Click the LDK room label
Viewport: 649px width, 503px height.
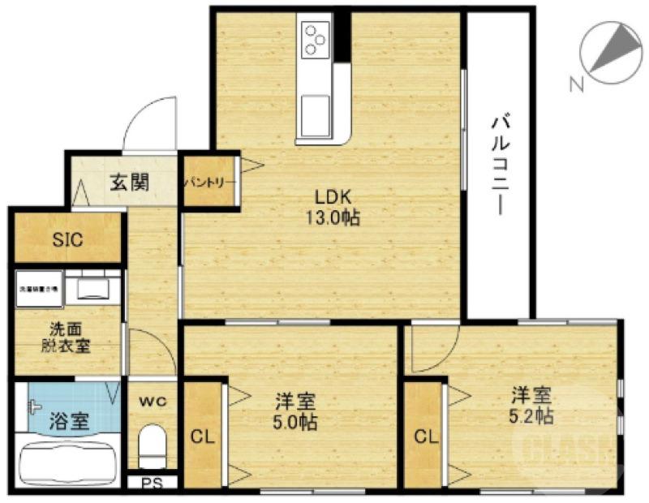coord(332,197)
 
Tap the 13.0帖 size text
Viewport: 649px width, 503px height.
coord(332,217)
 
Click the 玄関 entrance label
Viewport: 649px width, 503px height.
coord(129,181)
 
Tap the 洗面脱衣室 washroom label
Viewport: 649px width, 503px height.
coord(66,337)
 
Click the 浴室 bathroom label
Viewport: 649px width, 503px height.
coord(69,422)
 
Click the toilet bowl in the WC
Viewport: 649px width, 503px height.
coord(151,447)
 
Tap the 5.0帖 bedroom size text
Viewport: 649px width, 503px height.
coord(294,422)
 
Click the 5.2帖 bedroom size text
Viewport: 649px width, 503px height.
coord(531,416)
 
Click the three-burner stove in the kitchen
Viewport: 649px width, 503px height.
coord(316,37)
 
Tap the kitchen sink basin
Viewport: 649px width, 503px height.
coord(315,115)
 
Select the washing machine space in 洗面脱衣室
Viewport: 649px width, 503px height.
coord(37,288)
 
